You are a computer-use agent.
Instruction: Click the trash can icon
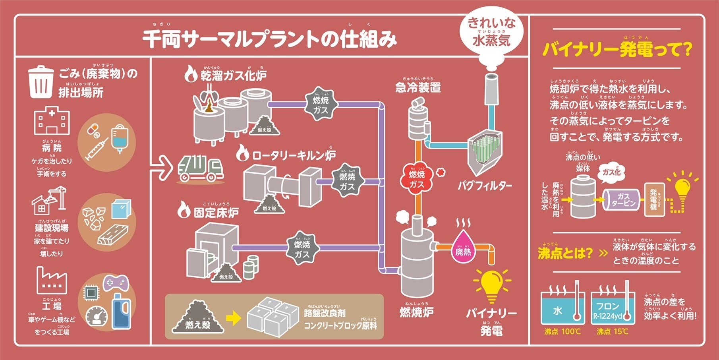[41, 82]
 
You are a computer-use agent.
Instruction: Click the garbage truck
[201, 169]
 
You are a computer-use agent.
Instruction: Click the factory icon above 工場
[52, 280]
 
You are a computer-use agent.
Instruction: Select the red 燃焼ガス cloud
[417, 179]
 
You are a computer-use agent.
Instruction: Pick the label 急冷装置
[418, 87]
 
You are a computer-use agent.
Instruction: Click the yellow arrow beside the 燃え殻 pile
[233, 318]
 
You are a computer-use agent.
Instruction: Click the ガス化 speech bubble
[611, 172]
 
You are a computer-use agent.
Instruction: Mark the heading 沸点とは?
[564, 253]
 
